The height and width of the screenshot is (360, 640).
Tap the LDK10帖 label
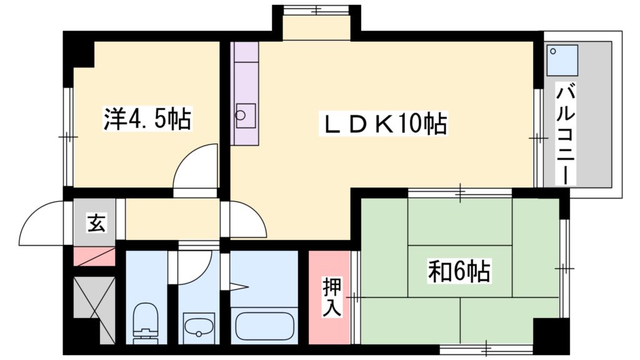coord(384,124)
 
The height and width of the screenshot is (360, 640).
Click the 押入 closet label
coord(331,297)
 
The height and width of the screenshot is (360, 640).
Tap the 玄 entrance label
coord(96,222)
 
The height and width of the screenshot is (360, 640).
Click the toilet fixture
coord(146,322)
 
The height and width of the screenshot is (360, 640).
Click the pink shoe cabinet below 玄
coord(95,256)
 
